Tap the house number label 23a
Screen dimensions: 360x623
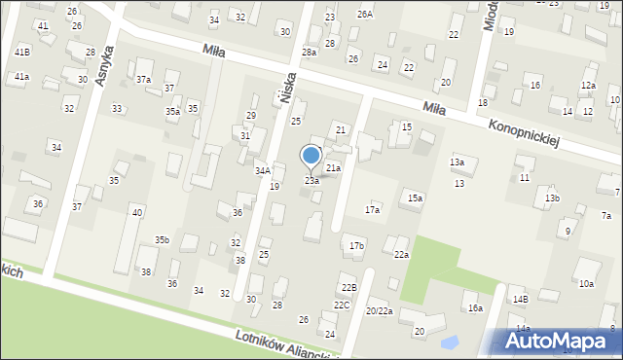coord(311,181)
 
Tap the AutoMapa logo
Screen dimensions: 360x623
coord(554,341)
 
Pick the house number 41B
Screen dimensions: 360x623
coord(21,51)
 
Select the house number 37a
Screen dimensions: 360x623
coord(143,79)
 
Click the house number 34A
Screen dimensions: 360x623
coord(263,170)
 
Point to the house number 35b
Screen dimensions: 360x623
coord(162,239)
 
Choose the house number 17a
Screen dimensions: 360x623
coord(372,209)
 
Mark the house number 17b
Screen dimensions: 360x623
coord(356,246)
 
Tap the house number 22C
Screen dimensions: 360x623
coord(342,305)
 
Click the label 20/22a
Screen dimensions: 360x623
coord(379,310)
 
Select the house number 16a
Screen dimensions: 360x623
coord(474,307)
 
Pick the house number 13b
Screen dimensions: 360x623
coord(552,198)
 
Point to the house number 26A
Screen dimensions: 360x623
coord(364,15)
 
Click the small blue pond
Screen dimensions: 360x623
coord(450,342)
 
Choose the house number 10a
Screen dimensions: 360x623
coord(586,284)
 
